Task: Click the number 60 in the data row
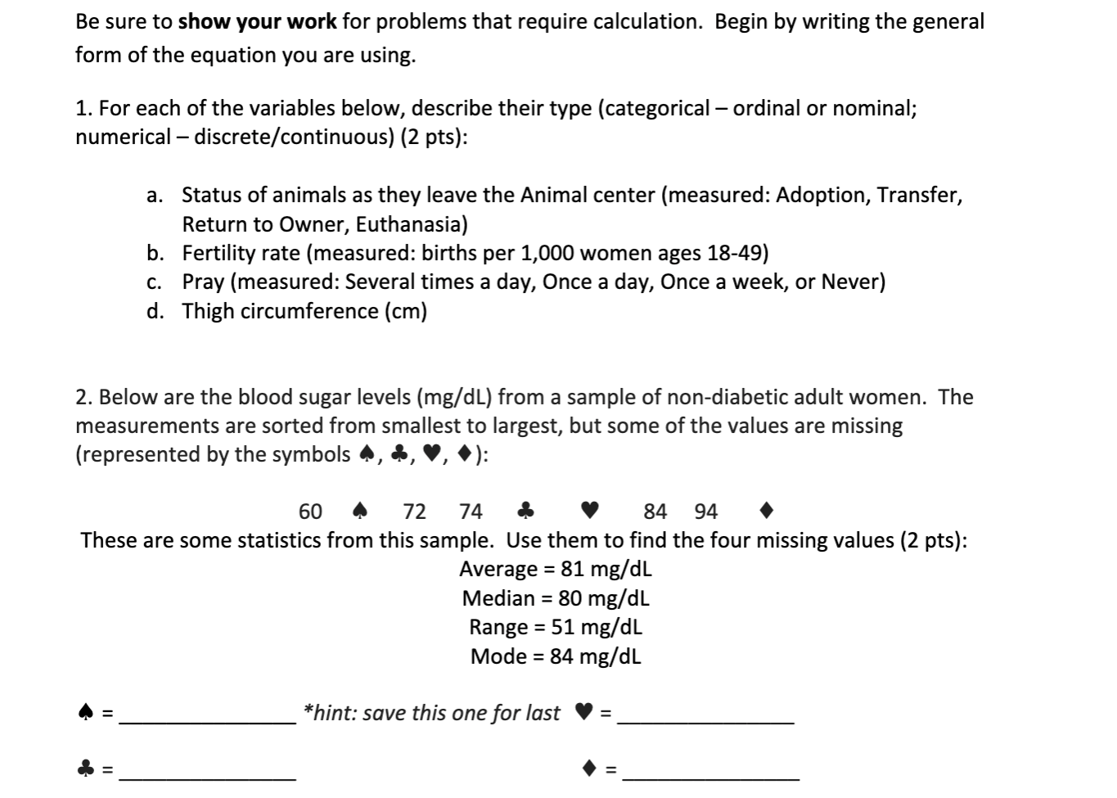[310, 512]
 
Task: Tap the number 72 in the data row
[415, 512]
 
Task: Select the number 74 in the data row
[471, 512]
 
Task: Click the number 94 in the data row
[705, 512]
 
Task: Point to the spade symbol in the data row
[359, 512]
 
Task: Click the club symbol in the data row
[526, 512]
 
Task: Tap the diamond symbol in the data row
[765, 512]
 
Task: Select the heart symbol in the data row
[589, 512]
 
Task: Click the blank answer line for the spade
[208, 720]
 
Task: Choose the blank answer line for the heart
[705, 720]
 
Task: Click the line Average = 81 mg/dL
[556, 569]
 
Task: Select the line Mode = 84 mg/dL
[556, 656]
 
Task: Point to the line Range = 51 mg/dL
[556, 628]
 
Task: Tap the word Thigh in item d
[208, 311]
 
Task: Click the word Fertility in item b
[217, 253]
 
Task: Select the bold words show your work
[257, 21]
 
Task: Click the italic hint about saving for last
[431, 713]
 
